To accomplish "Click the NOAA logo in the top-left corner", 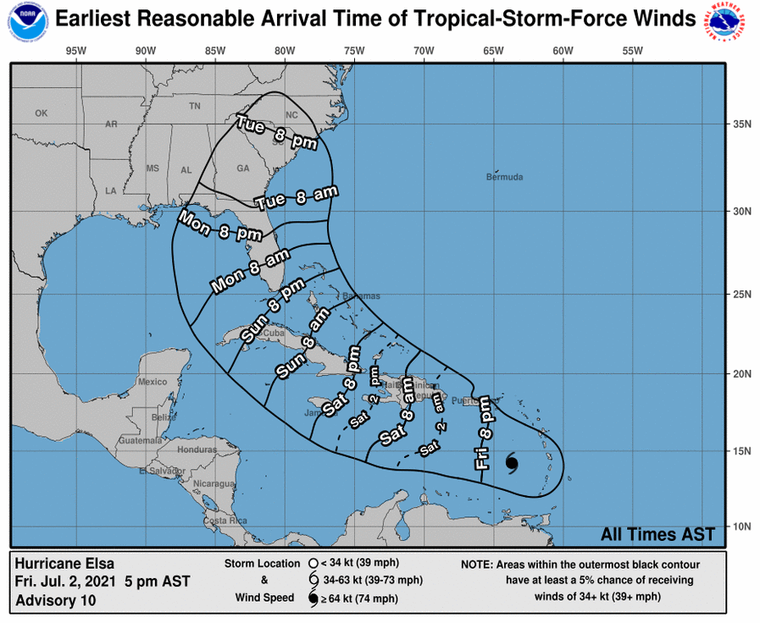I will (27, 19).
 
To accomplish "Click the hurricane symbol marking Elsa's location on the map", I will (513, 462).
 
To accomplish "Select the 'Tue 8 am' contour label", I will (296, 197).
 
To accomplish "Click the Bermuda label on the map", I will (504, 178).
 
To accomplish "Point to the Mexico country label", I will (153, 382).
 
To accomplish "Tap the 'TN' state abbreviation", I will (195, 107).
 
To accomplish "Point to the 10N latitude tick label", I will (742, 526).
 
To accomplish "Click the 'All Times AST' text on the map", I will (657, 534).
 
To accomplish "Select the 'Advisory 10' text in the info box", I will (56, 601).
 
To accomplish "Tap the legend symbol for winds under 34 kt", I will (313, 563).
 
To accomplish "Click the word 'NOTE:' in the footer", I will (480, 564).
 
